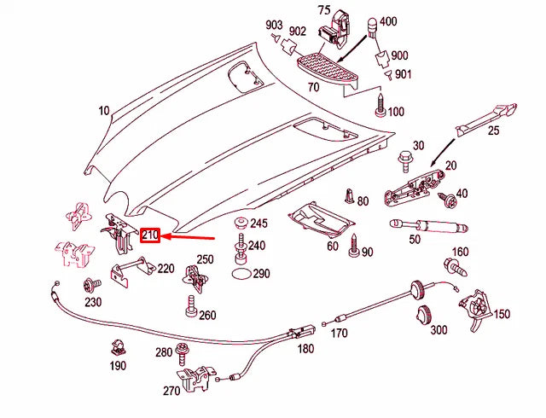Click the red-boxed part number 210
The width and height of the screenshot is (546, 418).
[x=150, y=235]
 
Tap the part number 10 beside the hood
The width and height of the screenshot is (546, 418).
[x=104, y=111]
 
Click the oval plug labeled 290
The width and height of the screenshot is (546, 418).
[x=241, y=275]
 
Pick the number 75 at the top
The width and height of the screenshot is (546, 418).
[x=323, y=10]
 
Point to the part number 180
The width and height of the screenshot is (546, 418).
[x=305, y=349]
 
